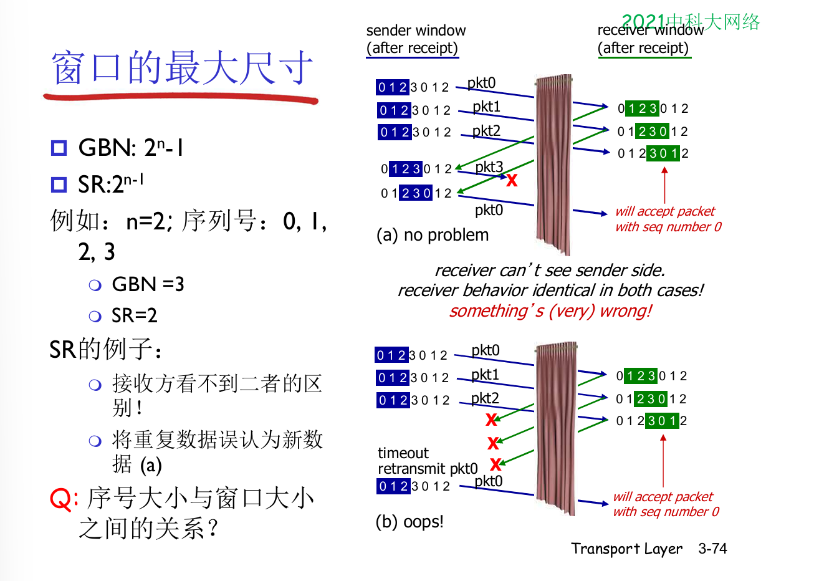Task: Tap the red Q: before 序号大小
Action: [63, 499]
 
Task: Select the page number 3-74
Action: [712, 549]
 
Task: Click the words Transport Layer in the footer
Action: [626, 549]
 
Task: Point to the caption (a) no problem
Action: [433, 235]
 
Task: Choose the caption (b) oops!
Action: [409, 521]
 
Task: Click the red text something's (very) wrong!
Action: [550, 310]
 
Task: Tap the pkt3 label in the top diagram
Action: [489, 167]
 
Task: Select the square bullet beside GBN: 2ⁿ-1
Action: [59, 148]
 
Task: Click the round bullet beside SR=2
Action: [95, 316]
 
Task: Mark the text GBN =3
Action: [148, 284]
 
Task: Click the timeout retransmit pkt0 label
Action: [428, 461]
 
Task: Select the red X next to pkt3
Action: [512, 180]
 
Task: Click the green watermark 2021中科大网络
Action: [691, 22]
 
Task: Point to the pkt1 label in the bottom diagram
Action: [485, 375]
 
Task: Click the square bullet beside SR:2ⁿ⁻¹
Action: [59, 185]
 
